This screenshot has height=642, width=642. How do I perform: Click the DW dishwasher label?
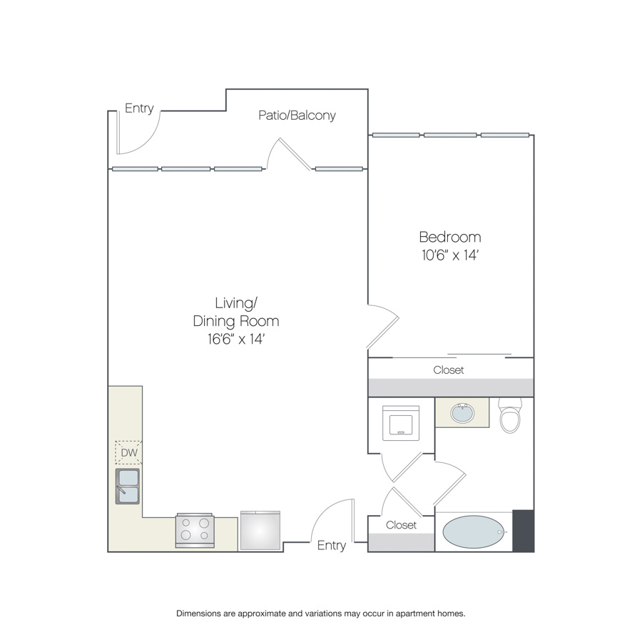[x=129, y=452]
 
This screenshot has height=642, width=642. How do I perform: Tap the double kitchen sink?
[x=128, y=486]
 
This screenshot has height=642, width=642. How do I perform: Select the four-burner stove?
[x=195, y=530]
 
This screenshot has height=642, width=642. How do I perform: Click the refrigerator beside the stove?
[x=260, y=530]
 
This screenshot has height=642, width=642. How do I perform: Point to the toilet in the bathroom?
[x=510, y=415]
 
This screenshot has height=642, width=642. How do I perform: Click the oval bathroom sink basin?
[x=463, y=413]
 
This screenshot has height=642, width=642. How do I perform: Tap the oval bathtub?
[x=474, y=532]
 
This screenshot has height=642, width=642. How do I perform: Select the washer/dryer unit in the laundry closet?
[x=401, y=423]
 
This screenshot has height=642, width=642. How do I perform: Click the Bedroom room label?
[x=450, y=237]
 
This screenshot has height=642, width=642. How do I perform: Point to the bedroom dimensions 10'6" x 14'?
[x=450, y=255]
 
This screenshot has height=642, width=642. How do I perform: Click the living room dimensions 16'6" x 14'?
[x=236, y=339]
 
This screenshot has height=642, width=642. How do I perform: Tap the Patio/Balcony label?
[x=297, y=116]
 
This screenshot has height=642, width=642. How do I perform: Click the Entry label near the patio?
[x=139, y=108]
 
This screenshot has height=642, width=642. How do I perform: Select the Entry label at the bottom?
[x=332, y=546]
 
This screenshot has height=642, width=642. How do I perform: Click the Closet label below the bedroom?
[x=449, y=370]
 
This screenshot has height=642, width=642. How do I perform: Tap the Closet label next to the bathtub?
[x=401, y=525]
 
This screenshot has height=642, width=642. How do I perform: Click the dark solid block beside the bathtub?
[x=524, y=531]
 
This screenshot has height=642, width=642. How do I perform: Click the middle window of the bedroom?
[x=450, y=135]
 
